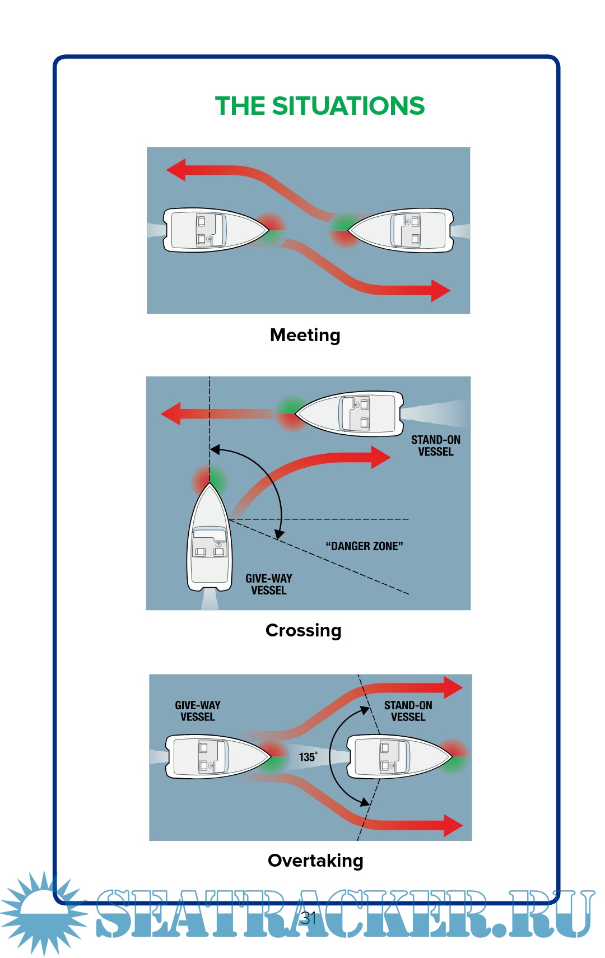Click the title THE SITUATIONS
click(x=320, y=106)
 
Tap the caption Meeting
click(x=305, y=335)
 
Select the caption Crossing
click(x=303, y=630)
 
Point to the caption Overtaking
click(x=315, y=861)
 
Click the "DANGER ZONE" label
click(x=364, y=546)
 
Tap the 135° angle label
click(x=308, y=757)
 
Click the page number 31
click(x=309, y=918)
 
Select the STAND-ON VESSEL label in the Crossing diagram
click(x=435, y=446)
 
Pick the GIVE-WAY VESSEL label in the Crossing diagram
click(x=269, y=584)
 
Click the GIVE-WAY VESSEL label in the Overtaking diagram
click(x=197, y=711)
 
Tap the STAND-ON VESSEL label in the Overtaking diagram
click(x=408, y=711)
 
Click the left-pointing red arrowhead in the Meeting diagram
click(x=176, y=169)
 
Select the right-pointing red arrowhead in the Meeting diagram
click(x=440, y=290)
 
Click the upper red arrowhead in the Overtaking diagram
click(x=453, y=687)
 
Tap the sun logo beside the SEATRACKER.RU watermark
click(x=42, y=912)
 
